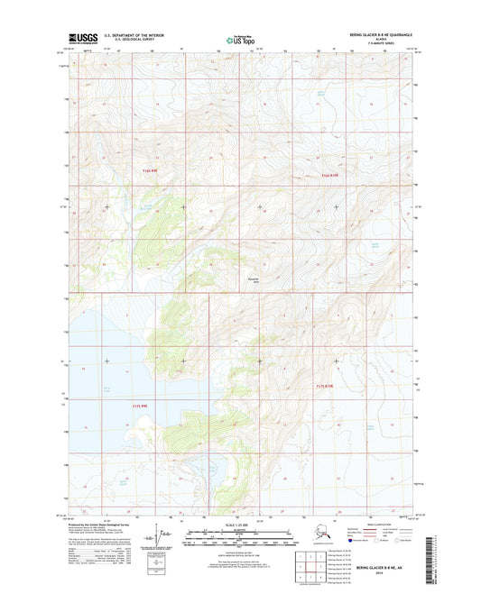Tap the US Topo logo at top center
coord(239,40)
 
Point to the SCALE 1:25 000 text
coord(239,525)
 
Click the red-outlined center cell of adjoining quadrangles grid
coord(305,566)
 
